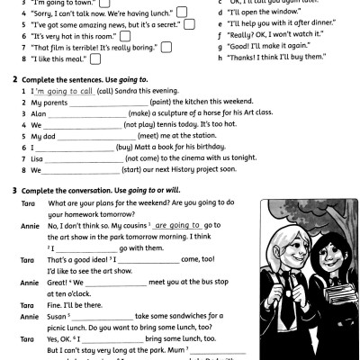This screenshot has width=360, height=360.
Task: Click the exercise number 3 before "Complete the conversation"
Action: pyautogui.click(x=14, y=191)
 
